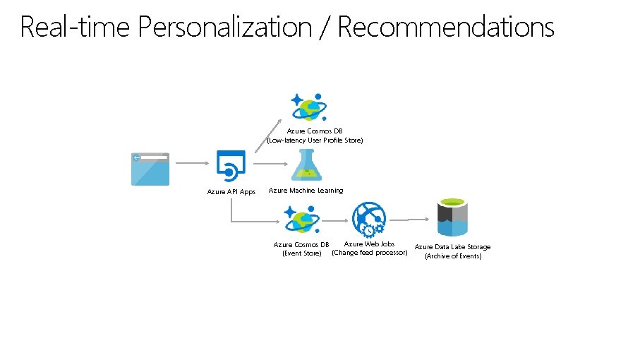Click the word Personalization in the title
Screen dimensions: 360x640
tap(225, 28)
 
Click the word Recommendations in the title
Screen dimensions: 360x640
tap(446, 28)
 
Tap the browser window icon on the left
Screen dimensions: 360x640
tap(150, 169)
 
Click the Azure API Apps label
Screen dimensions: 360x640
tap(231, 191)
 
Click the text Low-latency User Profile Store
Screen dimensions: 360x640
tap(315, 140)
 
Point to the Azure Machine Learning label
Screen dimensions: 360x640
tap(306, 191)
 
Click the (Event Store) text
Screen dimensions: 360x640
tap(301, 253)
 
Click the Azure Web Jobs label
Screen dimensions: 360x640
tap(369, 244)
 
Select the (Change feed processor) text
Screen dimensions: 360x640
tap(369, 253)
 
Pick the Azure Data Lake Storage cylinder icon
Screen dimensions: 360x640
tap(452, 217)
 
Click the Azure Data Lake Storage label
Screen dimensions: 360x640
tap(452, 247)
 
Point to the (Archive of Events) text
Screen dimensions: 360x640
tap(452, 256)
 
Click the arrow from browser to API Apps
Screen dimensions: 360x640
tap(193, 162)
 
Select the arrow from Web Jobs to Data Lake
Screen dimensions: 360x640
tap(409, 218)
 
